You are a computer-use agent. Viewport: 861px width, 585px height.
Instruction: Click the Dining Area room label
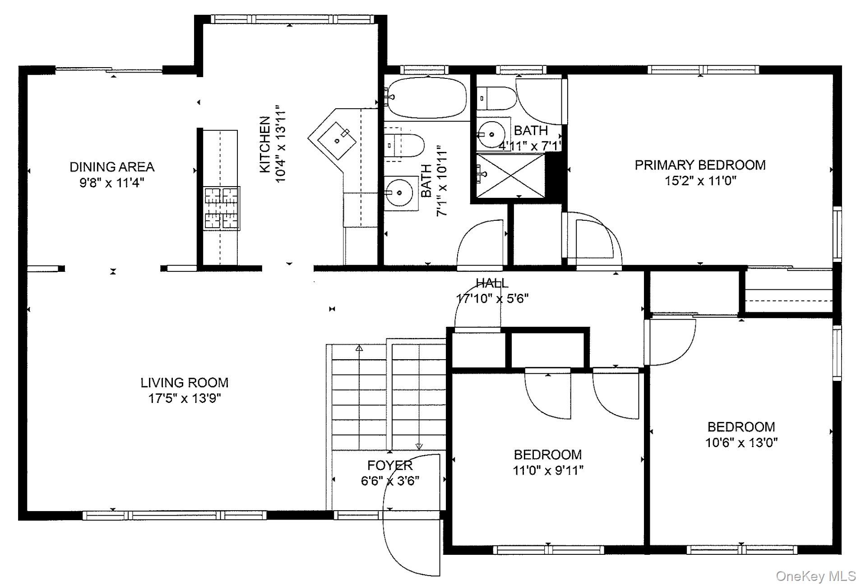point(112,167)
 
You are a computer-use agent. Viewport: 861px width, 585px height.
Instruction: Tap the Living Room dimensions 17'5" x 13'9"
point(185,398)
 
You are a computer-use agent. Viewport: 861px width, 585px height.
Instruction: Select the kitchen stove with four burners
point(222,209)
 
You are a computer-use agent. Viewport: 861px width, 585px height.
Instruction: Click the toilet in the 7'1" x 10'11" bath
point(404,145)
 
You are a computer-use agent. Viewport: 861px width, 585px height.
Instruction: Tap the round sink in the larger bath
point(399,193)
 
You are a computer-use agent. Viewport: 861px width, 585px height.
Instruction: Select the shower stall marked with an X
point(511,175)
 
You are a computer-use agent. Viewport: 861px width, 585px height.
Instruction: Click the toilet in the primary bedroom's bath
point(496,98)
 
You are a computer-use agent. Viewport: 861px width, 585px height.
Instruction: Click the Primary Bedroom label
point(700,165)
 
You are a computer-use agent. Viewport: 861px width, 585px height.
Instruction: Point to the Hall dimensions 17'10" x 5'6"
point(492,298)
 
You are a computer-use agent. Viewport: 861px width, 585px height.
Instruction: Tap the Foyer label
point(390,465)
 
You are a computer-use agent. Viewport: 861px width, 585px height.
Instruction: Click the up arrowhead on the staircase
point(359,348)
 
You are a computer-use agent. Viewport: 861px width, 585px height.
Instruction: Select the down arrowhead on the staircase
point(419,446)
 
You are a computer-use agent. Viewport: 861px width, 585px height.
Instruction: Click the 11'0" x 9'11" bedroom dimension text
point(548,471)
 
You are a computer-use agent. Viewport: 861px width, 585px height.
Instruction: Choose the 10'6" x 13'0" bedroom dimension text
point(741,443)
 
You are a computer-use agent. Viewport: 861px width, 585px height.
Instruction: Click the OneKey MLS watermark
point(816,576)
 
